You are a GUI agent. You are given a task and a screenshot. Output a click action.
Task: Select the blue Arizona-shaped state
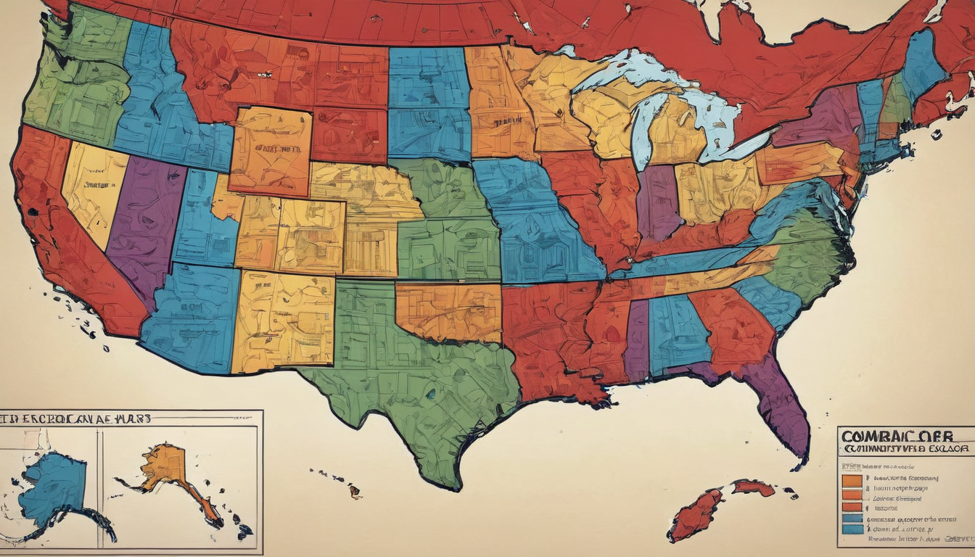pyautogui.click(x=192, y=315)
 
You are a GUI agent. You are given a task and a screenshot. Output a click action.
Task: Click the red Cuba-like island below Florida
pyautogui.click(x=696, y=511)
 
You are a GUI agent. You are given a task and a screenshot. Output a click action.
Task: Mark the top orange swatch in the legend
pyautogui.click(x=852, y=480)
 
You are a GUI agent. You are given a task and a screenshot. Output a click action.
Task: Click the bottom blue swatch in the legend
pyautogui.click(x=852, y=529)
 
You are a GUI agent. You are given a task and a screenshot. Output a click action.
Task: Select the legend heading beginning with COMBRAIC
pyautogui.click(x=895, y=436)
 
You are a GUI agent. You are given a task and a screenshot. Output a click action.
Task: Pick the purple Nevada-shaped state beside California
pyautogui.click(x=145, y=218)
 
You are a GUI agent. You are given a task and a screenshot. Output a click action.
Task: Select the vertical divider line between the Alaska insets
pyautogui.click(x=99, y=486)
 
